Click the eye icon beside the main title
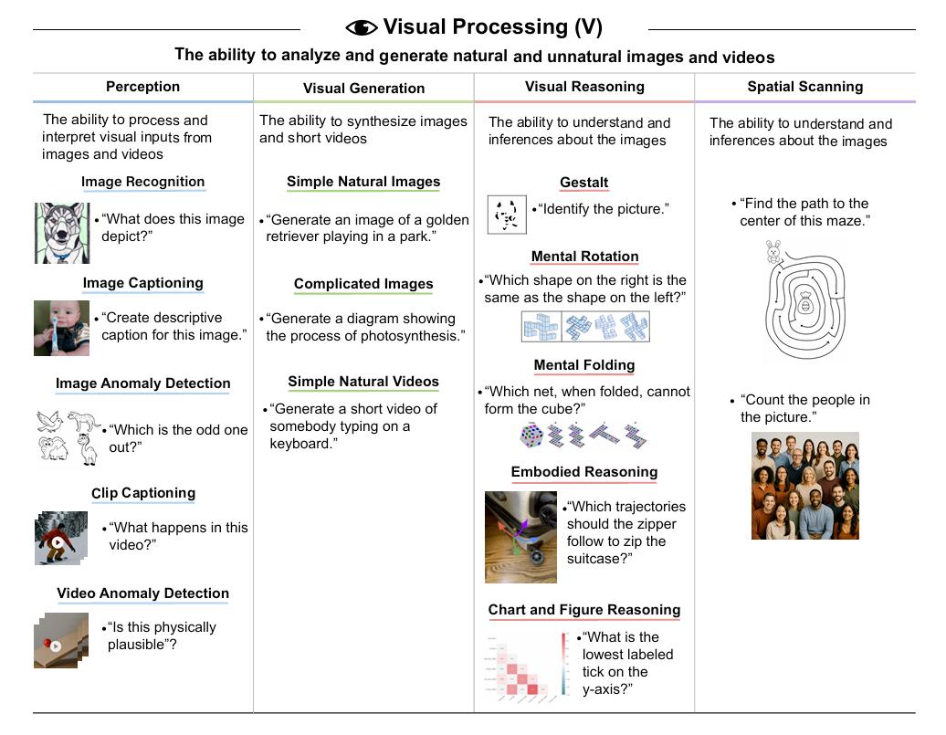coord(362,27)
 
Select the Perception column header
coord(142,87)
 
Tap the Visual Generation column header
coord(363,89)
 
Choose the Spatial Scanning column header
coord(804,87)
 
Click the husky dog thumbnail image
coord(62,233)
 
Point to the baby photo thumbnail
coord(62,328)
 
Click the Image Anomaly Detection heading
coord(142,383)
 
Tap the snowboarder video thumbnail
coord(61,539)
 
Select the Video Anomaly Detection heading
coord(142,593)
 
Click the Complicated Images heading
coord(363,284)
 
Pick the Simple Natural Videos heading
coord(363,382)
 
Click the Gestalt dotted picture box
coord(507,215)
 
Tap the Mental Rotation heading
coord(584,257)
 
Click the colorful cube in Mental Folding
coord(531,435)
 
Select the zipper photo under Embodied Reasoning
coord(520,537)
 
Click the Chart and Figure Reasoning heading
coord(584,610)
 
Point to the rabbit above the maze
coord(774,253)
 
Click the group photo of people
coord(804,486)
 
